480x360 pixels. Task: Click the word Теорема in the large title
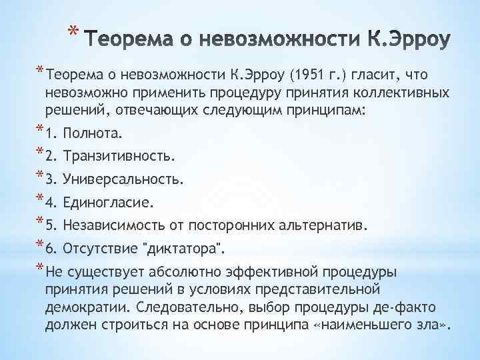pos(131,39)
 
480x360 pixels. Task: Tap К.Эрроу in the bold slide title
pos(399,39)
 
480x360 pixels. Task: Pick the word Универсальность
pos(124,180)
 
